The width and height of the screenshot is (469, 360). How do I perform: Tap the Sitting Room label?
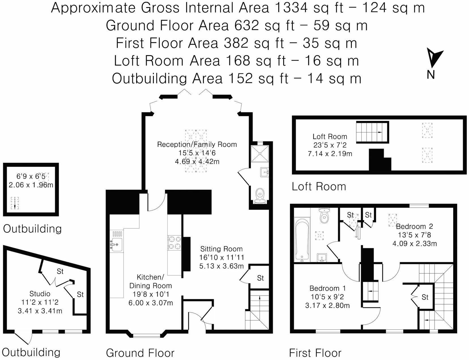(x=221, y=249)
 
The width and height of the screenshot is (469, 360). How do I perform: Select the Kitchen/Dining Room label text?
(x=150, y=281)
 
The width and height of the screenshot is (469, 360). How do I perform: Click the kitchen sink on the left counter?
(x=116, y=245)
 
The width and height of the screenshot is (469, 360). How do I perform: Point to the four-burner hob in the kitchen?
(x=174, y=243)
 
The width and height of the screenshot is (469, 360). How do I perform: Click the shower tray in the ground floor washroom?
(x=260, y=154)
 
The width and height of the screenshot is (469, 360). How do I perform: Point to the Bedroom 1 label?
(x=327, y=288)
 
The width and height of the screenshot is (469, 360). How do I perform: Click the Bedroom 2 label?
(x=414, y=226)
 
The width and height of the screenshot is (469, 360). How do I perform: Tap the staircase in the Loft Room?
(x=372, y=132)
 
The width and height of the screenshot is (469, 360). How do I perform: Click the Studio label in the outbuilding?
(x=40, y=294)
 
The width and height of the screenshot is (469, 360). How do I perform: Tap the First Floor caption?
(x=315, y=353)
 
